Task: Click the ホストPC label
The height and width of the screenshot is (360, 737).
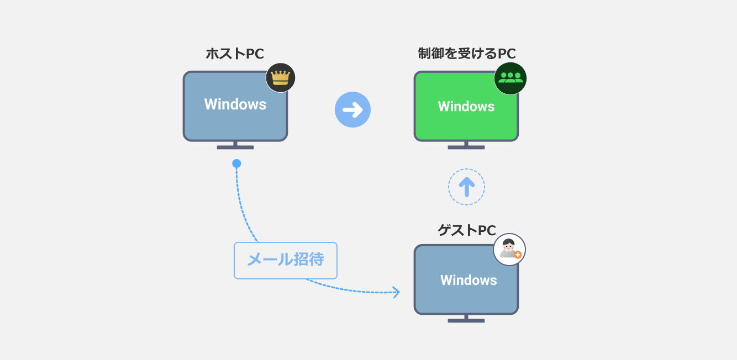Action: click(x=235, y=54)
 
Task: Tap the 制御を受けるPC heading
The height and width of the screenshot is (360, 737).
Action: click(x=466, y=54)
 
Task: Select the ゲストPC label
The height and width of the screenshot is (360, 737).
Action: click(x=466, y=230)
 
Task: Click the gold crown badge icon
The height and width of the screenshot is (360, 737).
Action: click(x=281, y=77)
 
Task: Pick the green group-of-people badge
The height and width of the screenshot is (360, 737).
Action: click(x=510, y=78)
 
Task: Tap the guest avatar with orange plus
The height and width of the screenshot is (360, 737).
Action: click(x=509, y=249)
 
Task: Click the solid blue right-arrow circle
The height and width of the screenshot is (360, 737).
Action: click(x=352, y=110)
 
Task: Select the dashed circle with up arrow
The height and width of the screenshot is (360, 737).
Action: click(x=466, y=187)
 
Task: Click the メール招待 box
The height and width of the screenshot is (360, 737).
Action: click(x=285, y=260)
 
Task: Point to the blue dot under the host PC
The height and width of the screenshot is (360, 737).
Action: click(x=236, y=163)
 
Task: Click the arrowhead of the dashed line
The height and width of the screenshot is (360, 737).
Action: click(x=396, y=292)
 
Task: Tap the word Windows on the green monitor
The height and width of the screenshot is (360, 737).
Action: click(x=466, y=107)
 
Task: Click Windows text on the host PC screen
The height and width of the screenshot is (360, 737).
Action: click(x=235, y=104)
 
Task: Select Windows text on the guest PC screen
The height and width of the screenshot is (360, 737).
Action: click(x=468, y=280)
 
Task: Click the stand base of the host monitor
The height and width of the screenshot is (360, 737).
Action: click(x=235, y=147)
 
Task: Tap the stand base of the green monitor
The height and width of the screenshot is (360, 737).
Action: click(x=466, y=147)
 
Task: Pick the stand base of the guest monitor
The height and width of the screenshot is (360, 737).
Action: click(x=466, y=321)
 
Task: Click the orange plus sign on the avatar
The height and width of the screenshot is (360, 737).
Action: click(x=518, y=255)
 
